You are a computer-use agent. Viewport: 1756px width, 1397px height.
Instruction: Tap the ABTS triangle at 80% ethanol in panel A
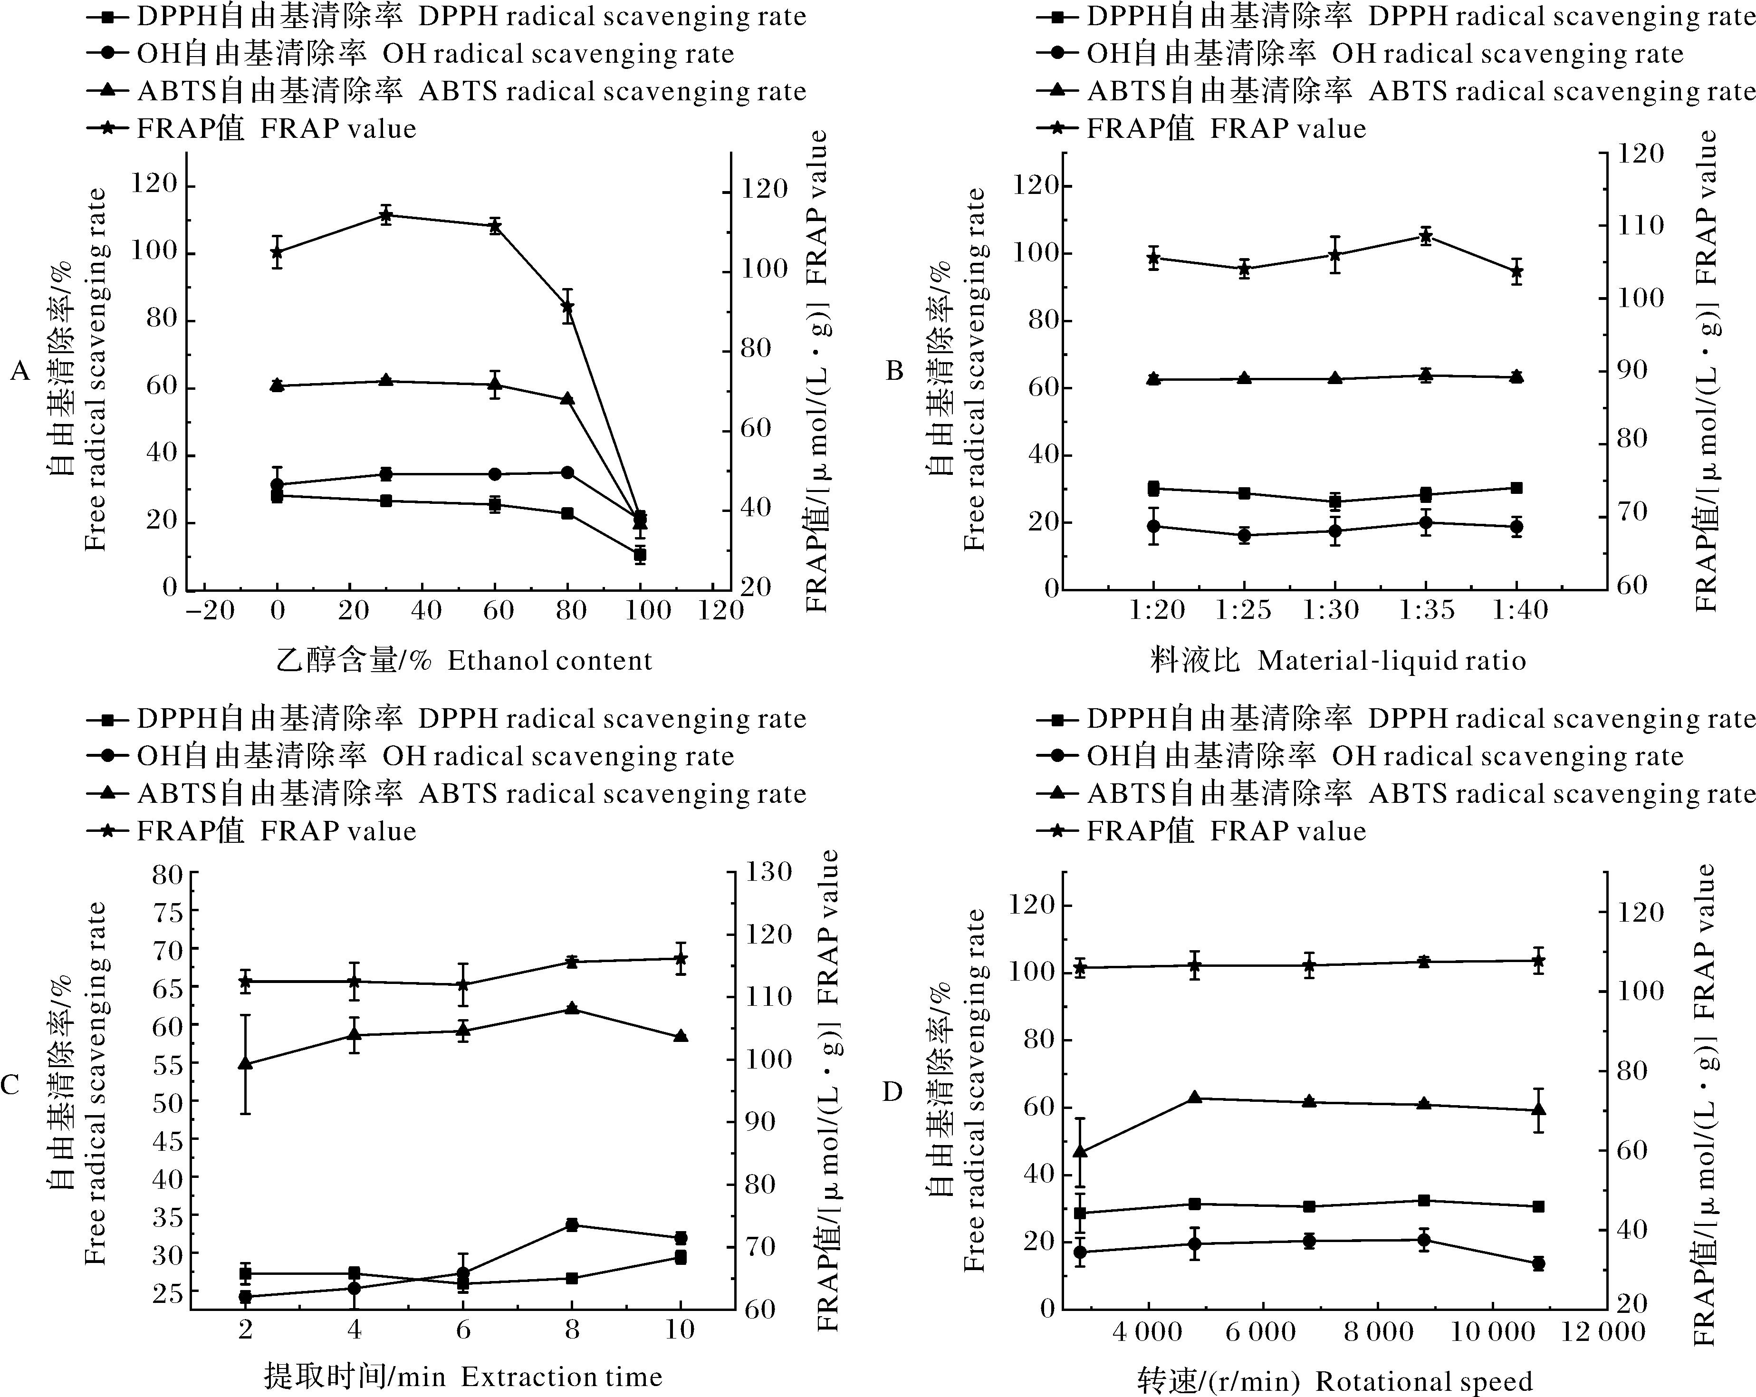click(568, 399)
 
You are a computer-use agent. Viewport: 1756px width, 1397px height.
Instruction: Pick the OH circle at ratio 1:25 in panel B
click(1244, 535)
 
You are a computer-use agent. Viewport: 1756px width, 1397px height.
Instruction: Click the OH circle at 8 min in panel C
click(572, 1224)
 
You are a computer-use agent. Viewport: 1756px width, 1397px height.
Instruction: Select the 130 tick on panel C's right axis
click(770, 872)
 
